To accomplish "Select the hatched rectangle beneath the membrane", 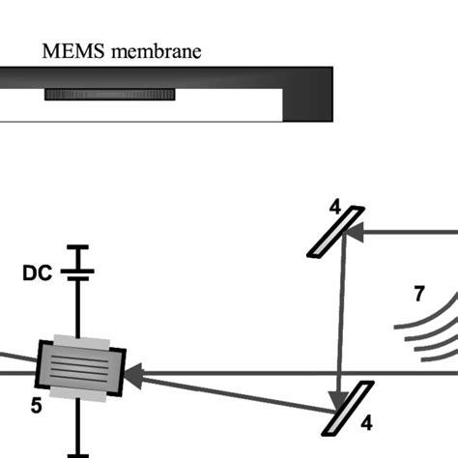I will click(109, 95).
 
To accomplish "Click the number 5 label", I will click(36, 407).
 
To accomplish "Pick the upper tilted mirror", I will click(335, 232).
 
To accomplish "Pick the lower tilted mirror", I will click(347, 409).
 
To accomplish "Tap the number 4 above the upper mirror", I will click(334, 205).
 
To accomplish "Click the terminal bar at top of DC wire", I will click(75, 247).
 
